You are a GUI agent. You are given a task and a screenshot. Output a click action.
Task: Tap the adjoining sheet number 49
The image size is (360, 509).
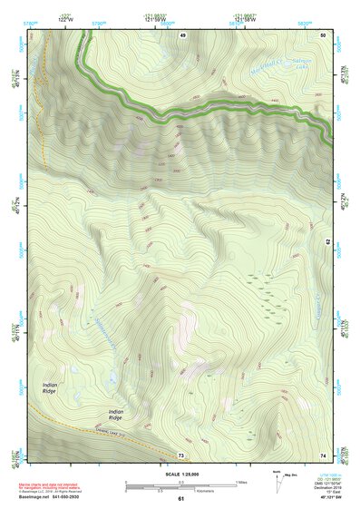tap(182, 34)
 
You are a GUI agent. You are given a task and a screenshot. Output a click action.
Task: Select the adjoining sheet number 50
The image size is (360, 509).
tap(323, 34)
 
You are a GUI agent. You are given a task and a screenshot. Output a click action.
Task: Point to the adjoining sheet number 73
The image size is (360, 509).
tap(182, 454)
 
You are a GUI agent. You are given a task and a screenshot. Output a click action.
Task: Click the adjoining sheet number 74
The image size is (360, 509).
tap(323, 454)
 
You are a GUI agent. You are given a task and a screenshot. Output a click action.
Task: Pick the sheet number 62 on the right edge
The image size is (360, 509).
tap(328, 242)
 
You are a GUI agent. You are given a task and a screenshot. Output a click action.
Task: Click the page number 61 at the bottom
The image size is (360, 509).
tap(181, 498)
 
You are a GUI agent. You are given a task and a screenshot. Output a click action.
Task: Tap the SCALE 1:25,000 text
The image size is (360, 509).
tap(181, 474)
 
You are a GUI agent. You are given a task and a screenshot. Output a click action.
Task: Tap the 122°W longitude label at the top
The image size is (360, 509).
tap(65, 19)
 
